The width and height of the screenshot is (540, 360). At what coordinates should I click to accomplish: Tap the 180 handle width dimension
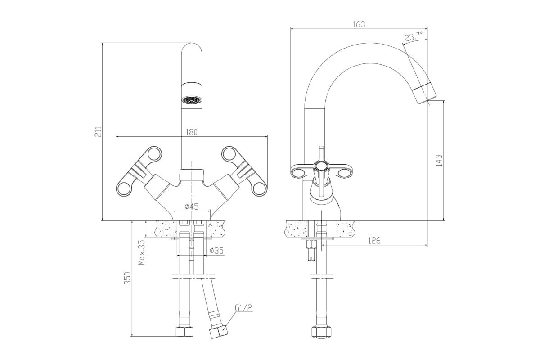tap(192, 132)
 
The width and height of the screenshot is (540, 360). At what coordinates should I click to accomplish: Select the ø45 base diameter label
tap(192, 207)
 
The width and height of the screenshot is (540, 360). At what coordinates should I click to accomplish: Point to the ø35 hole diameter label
tap(216, 251)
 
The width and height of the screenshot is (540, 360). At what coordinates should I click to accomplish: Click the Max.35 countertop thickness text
tap(143, 252)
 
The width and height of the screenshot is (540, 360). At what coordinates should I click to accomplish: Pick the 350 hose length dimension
tap(127, 278)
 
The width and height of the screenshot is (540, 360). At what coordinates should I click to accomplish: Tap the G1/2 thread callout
tap(243, 308)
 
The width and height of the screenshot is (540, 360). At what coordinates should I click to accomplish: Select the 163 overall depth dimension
tap(359, 24)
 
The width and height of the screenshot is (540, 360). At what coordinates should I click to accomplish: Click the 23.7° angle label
tap(414, 37)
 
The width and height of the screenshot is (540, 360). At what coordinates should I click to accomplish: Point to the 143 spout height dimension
tap(439, 160)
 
